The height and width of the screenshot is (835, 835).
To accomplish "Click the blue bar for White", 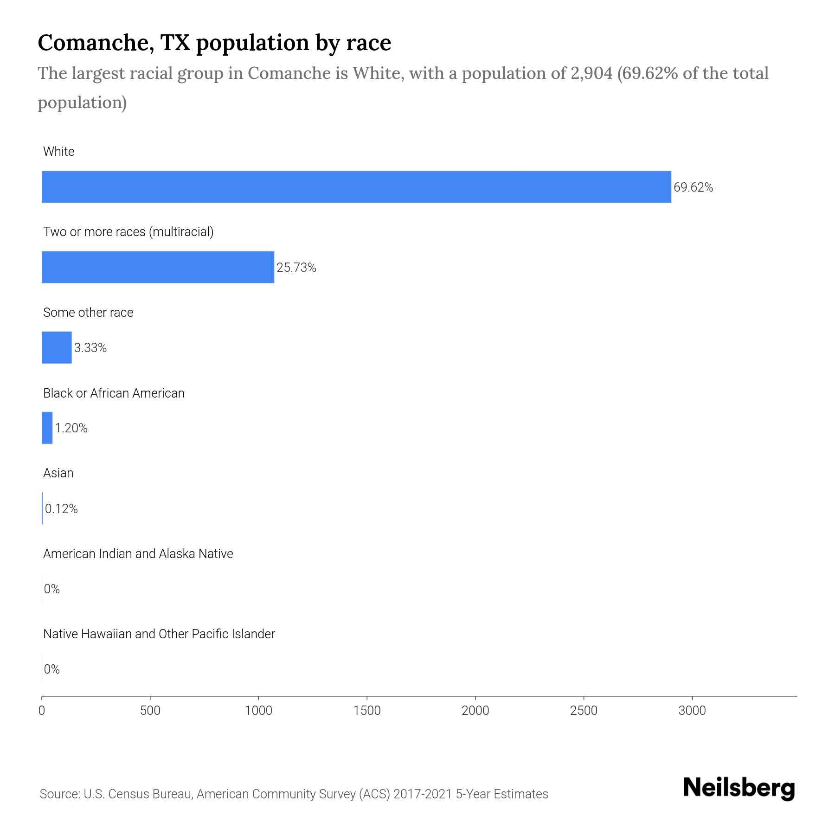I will coord(356,186).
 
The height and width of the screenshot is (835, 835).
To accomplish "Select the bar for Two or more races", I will coord(158,267).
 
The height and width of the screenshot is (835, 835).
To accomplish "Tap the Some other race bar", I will coord(57,347).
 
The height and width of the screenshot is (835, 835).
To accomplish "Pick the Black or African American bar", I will coord(47,428).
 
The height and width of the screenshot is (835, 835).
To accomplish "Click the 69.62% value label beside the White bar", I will coord(693,187).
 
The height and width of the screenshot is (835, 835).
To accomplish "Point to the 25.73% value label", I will coord(296,268).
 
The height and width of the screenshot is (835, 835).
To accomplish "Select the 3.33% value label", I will coord(90,348).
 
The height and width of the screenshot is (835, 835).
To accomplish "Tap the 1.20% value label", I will coord(71,428).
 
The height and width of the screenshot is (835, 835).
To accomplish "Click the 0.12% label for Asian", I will coord(61,509).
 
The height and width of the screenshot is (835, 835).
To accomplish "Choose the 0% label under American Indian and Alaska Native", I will coord(51,589).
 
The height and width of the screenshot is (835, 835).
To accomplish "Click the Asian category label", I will coord(58,473).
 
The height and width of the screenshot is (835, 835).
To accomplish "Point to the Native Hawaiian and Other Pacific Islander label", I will coord(159,634).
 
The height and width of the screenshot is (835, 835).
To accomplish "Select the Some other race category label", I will coord(88,313).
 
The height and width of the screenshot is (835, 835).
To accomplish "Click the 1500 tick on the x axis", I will coord(366,711).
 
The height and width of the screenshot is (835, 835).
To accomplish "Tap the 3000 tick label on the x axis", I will coord(692,711).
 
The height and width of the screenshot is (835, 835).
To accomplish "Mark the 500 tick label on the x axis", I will coord(150,711).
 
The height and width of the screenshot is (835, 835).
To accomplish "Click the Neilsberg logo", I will coord(739,788).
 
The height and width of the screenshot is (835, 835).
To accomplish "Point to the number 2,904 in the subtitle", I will coord(591,73).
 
